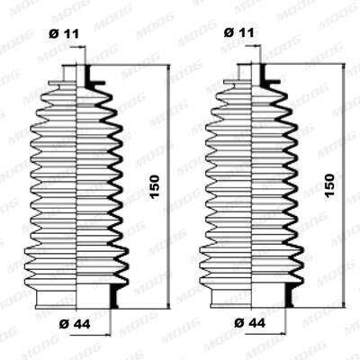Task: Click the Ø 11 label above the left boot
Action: click(64, 34)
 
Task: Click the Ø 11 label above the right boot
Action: click(238, 32)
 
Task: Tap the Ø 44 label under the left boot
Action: click(75, 324)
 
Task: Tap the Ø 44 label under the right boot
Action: click(250, 323)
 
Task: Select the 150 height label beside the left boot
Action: click(155, 187)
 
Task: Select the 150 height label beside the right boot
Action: click(329, 185)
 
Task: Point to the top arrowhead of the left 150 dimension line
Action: click(168, 68)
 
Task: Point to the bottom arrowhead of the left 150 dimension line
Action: click(168, 304)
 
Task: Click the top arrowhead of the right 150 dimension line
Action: click(344, 67)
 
